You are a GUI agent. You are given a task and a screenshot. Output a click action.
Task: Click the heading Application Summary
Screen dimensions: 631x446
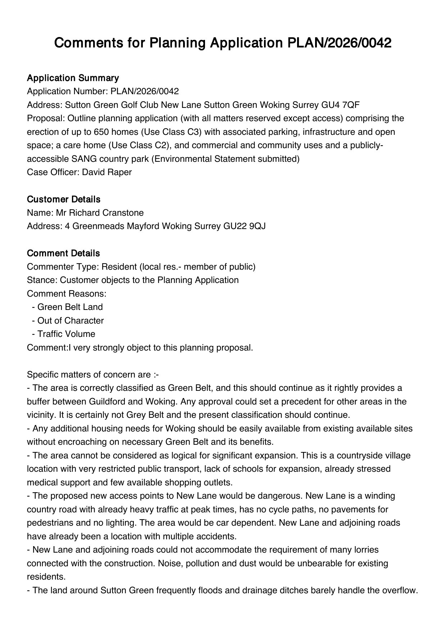(x=73, y=78)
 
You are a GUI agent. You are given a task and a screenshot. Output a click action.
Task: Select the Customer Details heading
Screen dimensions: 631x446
(x=64, y=200)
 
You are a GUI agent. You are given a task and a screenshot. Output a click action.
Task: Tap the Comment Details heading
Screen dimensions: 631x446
(x=63, y=253)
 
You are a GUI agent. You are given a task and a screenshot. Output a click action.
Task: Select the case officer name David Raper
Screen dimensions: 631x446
(x=107, y=172)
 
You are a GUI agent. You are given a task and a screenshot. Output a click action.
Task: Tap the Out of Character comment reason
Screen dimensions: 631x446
(x=70, y=321)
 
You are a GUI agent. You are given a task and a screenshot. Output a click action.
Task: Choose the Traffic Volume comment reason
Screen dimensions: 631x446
(x=66, y=334)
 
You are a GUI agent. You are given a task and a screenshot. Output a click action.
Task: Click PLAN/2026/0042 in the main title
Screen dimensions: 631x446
(x=339, y=43)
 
